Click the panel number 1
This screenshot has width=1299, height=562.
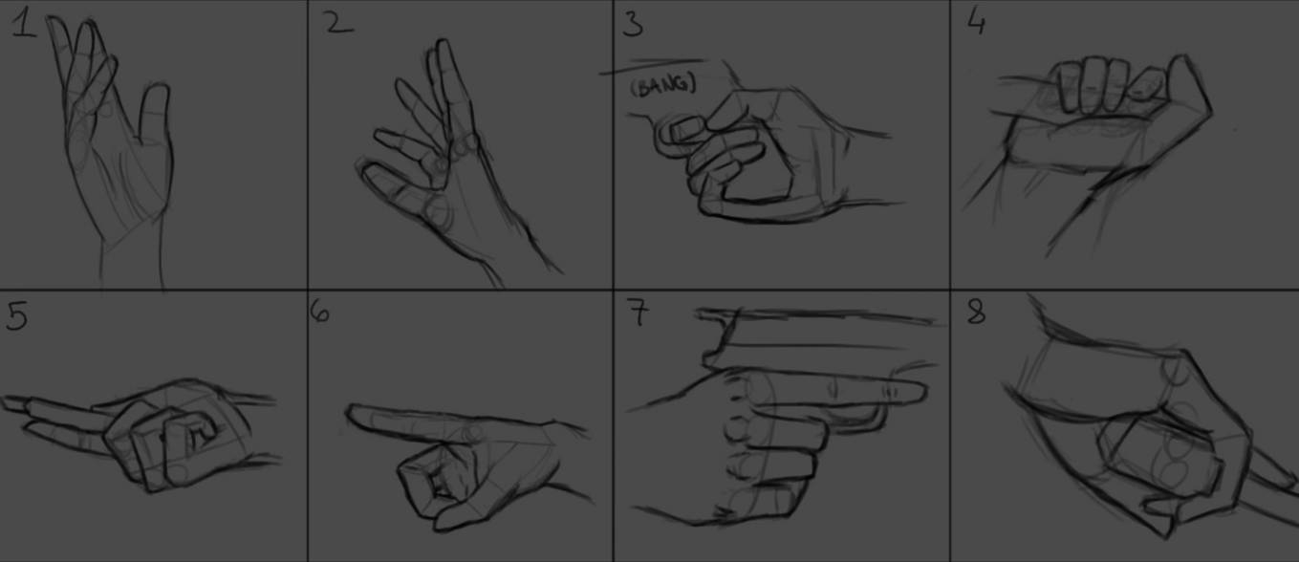(x=24, y=25)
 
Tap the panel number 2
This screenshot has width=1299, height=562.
(x=338, y=23)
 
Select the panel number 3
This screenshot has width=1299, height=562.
(x=632, y=24)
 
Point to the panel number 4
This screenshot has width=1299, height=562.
(x=976, y=22)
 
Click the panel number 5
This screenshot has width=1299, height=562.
(x=16, y=316)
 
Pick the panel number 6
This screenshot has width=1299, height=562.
(x=321, y=313)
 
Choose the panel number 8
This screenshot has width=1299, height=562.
(x=976, y=312)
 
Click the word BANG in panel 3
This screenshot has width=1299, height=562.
(x=663, y=86)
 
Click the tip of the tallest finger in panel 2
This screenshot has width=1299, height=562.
(x=443, y=46)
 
